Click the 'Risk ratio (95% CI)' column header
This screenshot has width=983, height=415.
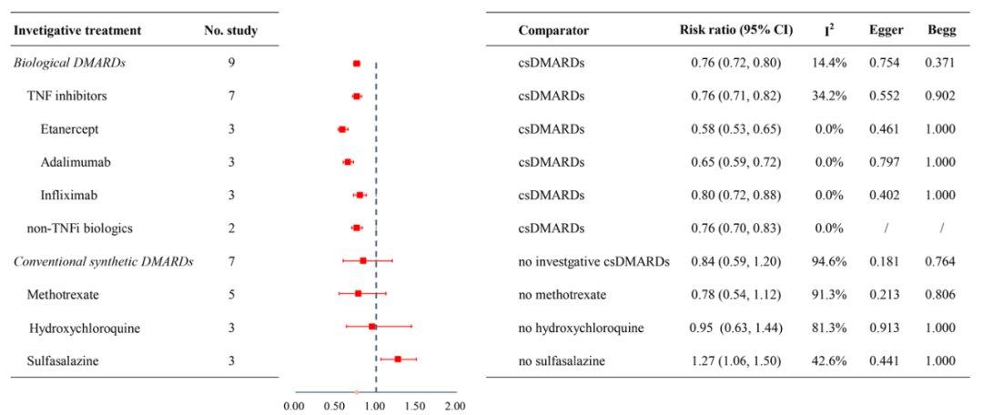pyautogui.click(x=735, y=30)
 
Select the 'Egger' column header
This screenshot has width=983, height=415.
pyautogui.click(x=886, y=30)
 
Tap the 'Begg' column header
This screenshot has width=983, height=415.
pyautogui.click(x=940, y=30)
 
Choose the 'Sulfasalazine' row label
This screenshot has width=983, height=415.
pyautogui.click(x=65, y=360)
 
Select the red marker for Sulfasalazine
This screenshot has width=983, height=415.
pyautogui.click(x=398, y=359)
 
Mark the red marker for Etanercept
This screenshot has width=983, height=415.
pyautogui.click(x=341, y=129)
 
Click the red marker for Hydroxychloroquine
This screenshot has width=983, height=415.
pyautogui.click(x=371, y=326)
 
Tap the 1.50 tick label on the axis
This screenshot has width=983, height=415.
pyautogui.click(x=414, y=405)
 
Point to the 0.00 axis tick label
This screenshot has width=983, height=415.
pyautogui.click(x=293, y=405)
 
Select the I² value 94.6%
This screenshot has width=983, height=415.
pyautogui.click(x=828, y=261)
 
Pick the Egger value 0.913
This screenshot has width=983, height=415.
pyautogui.click(x=886, y=327)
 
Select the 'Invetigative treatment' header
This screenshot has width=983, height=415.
pyautogui.click(x=76, y=30)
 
